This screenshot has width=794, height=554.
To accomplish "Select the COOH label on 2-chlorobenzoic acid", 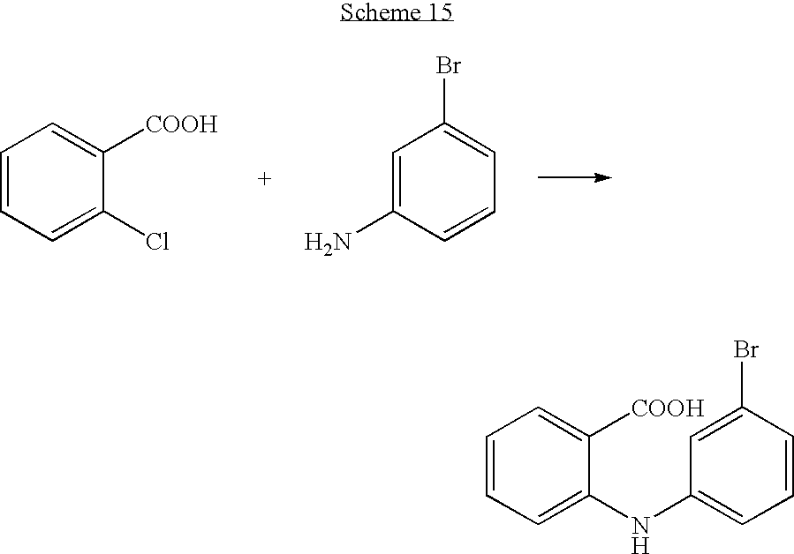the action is [x=182, y=124].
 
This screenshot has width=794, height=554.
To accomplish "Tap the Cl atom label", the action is [x=157, y=242].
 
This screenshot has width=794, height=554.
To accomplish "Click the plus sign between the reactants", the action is [x=264, y=178].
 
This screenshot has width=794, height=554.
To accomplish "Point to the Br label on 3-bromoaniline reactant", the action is [x=449, y=66].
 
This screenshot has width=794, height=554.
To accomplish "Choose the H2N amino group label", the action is [x=327, y=243].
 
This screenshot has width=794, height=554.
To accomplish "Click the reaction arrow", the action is [x=575, y=177].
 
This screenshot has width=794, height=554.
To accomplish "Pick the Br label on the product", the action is [x=746, y=349].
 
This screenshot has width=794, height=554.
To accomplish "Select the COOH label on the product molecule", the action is [x=668, y=408].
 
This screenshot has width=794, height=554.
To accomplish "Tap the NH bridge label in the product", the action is [x=640, y=535].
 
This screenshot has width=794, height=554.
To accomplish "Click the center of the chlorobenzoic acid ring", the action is [x=53, y=182].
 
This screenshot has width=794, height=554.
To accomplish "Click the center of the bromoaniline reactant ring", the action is [x=444, y=182].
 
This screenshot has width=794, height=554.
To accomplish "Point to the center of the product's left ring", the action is [x=538, y=466].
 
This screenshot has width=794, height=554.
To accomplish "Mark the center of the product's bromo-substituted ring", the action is [x=743, y=466].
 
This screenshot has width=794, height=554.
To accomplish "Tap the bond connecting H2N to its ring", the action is [x=374, y=222].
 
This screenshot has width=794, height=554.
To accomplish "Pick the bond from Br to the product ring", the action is [x=743, y=384].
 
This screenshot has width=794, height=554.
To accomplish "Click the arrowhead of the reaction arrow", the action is [x=603, y=177].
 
